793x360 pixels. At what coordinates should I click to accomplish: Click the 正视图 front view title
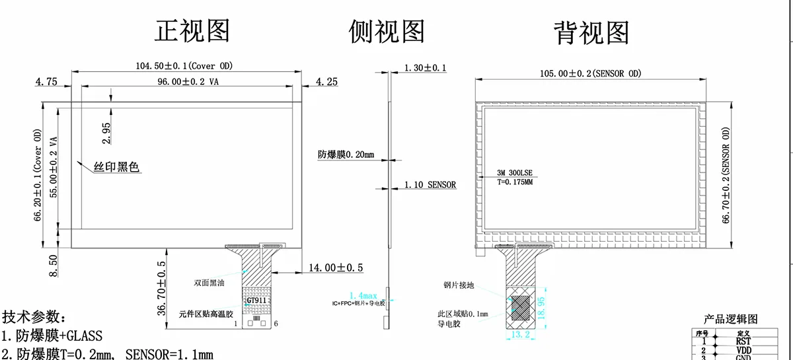pyautogui.click(x=192, y=31)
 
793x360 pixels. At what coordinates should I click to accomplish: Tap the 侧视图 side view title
pyautogui.click(x=387, y=31)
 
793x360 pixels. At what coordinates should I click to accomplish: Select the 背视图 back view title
pyautogui.click(x=591, y=31)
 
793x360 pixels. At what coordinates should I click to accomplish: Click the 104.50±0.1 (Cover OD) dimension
pyautogui.click(x=184, y=65)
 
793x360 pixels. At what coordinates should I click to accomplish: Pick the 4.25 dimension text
pyautogui.click(x=328, y=82)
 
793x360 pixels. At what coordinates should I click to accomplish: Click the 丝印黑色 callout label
pyautogui.click(x=116, y=168)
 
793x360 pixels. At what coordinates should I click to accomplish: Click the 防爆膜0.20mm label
pyautogui.click(x=346, y=155)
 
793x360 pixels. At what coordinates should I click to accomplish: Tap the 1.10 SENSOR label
pyautogui.click(x=430, y=185)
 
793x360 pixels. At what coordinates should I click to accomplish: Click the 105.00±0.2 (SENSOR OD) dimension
pyautogui.click(x=590, y=73)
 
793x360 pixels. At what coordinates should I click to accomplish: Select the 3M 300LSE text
pyautogui.click(x=519, y=172)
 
